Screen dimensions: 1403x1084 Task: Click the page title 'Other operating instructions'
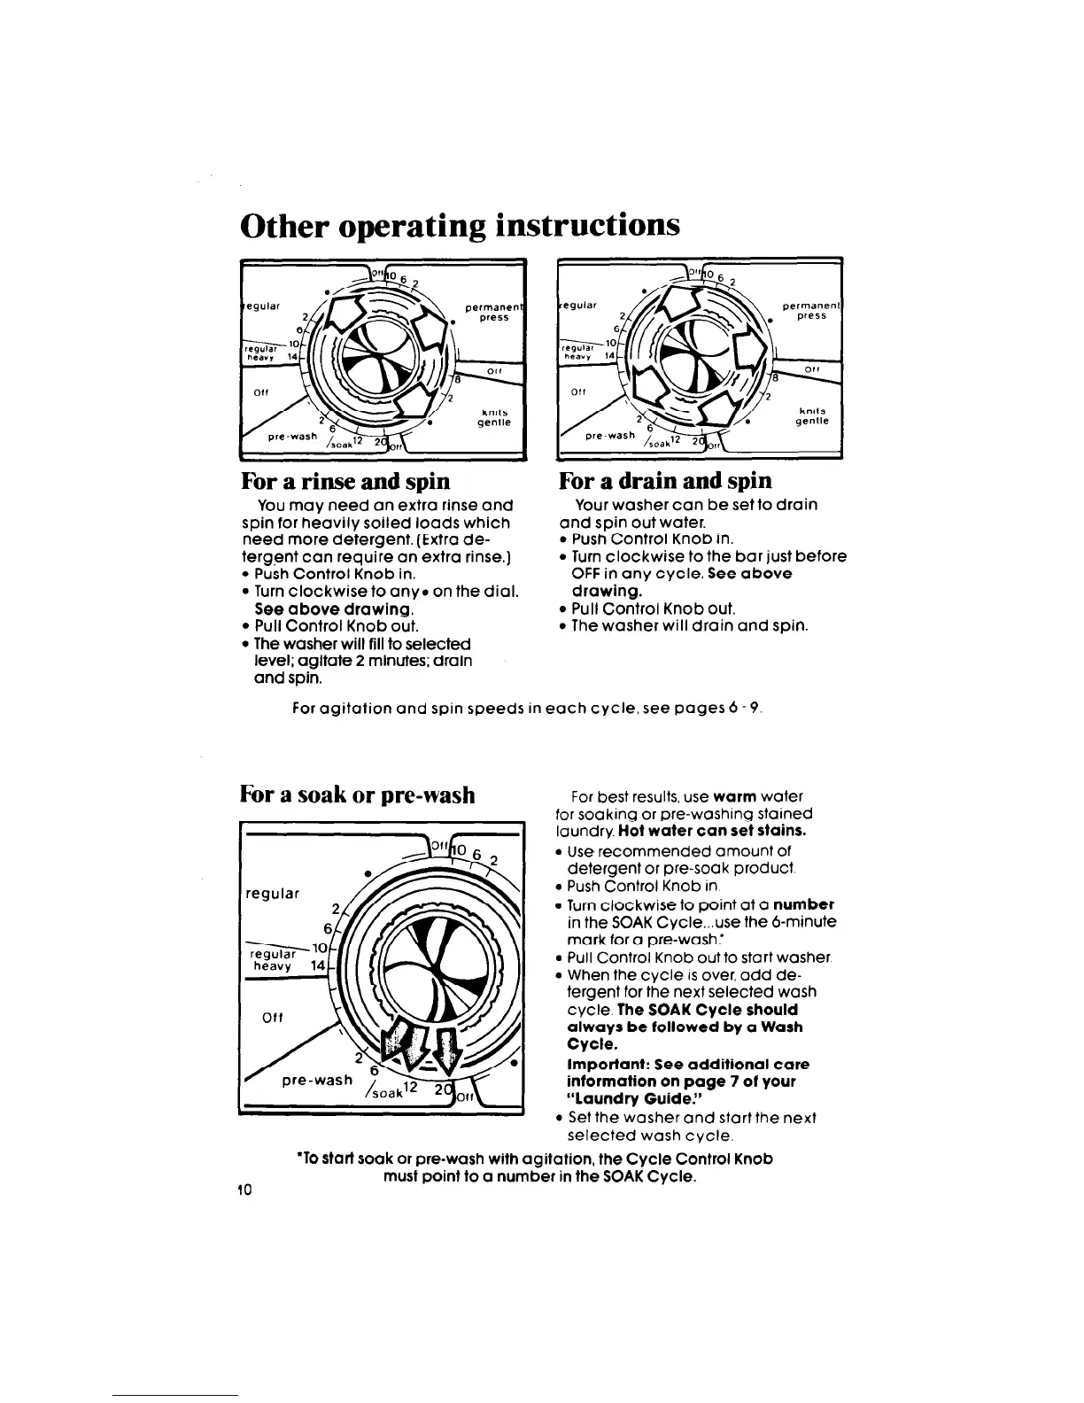tap(460, 225)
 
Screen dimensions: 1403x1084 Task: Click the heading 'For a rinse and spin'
tap(345, 481)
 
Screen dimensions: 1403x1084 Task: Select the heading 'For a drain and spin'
tap(665, 481)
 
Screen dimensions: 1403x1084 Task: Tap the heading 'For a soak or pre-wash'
tap(357, 794)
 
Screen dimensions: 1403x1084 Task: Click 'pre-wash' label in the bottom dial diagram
tap(316, 1081)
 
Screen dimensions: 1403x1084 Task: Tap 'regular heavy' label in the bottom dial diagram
tap(270, 961)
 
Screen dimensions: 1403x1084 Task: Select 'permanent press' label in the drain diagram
tap(809, 310)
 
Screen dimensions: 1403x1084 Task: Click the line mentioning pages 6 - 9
tap(527, 709)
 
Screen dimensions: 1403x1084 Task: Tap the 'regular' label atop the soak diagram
tap(271, 893)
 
